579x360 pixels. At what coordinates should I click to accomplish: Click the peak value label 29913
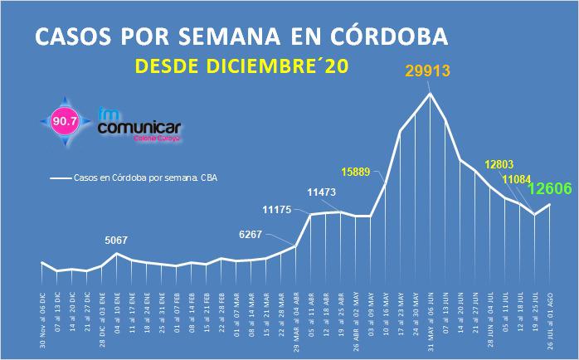[x=429, y=71]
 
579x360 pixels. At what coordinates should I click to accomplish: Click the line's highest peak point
[x=430, y=93]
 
